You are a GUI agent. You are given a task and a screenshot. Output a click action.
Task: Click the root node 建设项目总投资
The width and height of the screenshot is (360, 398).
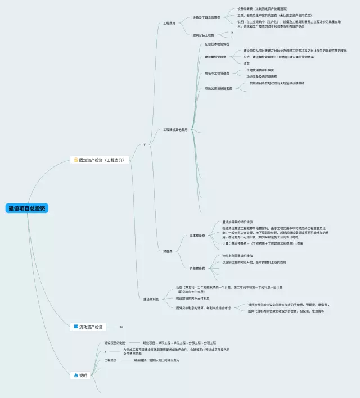tap(27, 209)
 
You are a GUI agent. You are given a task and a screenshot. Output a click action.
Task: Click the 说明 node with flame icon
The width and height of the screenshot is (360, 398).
tap(83, 375)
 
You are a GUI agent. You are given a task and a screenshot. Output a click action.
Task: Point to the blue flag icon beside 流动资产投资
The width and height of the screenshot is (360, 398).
tap(75, 327)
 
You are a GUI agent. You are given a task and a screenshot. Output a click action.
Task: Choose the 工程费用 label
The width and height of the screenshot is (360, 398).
tap(170, 23)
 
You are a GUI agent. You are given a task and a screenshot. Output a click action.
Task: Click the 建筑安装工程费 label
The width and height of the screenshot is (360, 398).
tap(203, 34)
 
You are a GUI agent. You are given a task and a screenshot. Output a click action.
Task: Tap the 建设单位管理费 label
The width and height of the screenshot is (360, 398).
tap(215, 57)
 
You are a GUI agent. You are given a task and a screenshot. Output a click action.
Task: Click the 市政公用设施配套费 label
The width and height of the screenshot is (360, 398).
tap(218, 88)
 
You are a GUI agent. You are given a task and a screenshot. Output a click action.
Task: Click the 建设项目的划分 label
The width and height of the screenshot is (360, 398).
tap(116, 342)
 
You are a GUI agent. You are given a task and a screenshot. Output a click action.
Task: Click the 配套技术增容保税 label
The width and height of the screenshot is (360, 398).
tap(217, 43)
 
